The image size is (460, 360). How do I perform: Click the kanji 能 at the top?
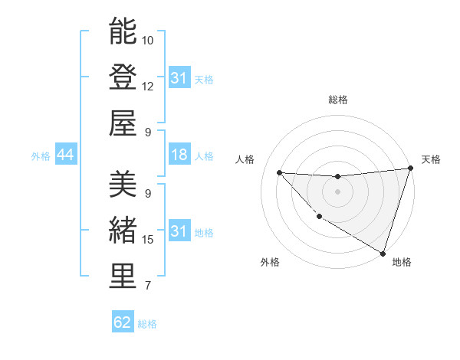123,32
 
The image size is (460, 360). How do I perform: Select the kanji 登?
123,78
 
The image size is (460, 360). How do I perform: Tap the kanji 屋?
123,123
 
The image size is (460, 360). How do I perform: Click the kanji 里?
123,277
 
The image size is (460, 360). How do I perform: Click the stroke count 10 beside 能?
148,40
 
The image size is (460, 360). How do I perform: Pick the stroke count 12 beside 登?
148,86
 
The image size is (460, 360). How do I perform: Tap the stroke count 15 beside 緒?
148,240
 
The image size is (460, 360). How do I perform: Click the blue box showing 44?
65,155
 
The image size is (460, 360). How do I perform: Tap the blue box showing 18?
179,155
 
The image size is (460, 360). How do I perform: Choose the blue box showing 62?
123,322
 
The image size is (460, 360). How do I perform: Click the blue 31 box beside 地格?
179,231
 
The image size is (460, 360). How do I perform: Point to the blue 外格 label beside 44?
41,156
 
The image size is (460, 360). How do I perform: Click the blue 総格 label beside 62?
147,324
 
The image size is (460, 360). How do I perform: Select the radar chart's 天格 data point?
410,169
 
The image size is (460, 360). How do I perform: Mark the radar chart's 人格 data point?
279,172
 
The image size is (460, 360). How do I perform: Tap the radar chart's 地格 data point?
382,252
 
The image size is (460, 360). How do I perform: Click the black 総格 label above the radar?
337,100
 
